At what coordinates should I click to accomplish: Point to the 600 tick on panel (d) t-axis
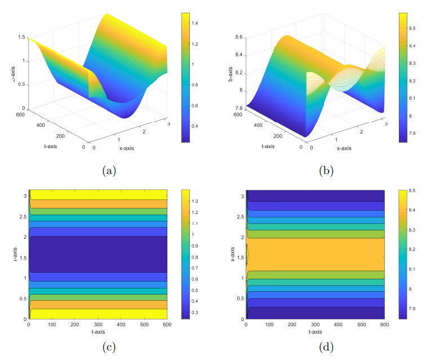(384, 325)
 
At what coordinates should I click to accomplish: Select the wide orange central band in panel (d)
(316, 255)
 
